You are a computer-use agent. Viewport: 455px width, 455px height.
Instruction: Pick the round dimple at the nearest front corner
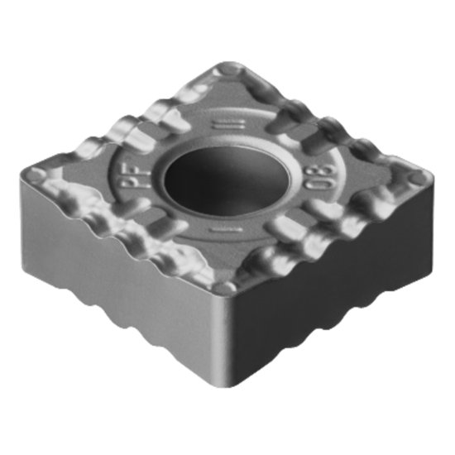point(225,287)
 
